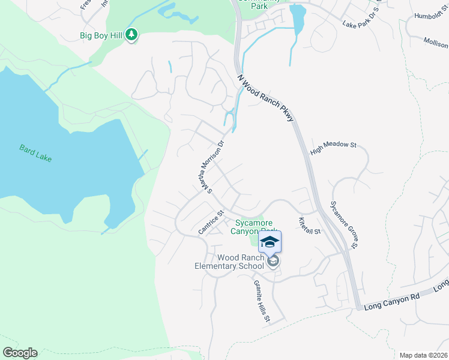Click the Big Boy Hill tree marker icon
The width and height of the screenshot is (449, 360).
(x=132, y=36)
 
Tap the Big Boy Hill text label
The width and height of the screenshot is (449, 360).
(x=101, y=36)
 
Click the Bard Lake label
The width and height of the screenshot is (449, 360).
(x=35, y=152)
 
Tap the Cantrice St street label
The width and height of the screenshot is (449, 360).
(x=211, y=222)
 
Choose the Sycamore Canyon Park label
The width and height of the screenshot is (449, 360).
(x=256, y=226)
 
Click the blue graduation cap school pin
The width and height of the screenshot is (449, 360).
(x=270, y=241)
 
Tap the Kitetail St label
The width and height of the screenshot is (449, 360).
(x=310, y=226)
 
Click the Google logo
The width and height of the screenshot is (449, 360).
(x=20, y=353)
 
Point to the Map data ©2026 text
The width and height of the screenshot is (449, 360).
(x=423, y=355)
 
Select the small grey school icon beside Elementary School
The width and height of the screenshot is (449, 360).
(x=273, y=262)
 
